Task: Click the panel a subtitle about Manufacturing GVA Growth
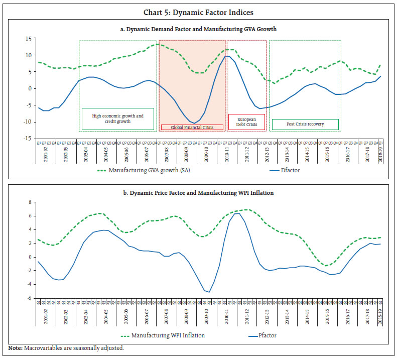pyautogui.click(x=198, y=29)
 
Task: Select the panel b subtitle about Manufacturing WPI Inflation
pyautogui.click(x=198, y=192)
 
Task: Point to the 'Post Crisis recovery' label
pyautogui.click(x=305, y=124)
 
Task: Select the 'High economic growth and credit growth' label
pyautogui.click(x=118, y=119)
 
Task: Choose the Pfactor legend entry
pyautogui.click(x=274, y=335)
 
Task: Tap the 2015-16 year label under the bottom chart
pyautogui.click(x=327, y=315)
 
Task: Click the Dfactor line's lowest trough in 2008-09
pyautogui.click(x=194, y=123)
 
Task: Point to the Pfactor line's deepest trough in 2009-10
pyautogui.click(x=209, y=292)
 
